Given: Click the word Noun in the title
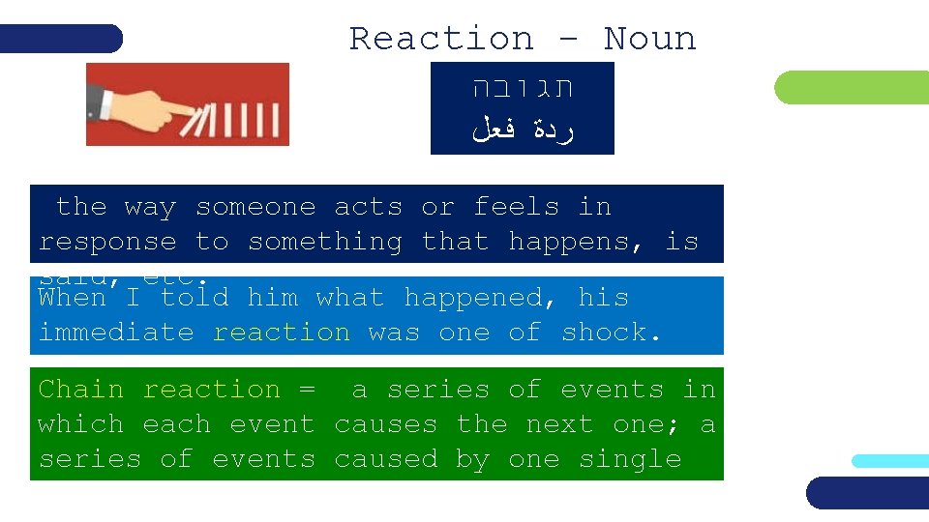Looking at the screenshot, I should pyautogui.click(x=649, y=39).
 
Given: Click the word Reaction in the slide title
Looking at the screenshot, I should pyautogui.click(x=441, y=39).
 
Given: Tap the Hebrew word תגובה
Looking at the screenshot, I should pyautogui.click(x=523, y=89).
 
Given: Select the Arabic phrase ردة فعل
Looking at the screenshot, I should pyautogui.click(x=523, y=130).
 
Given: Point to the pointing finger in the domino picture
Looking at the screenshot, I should pyautogui.click(x=145, y=106).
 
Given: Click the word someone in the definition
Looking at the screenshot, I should pyautogui.click(x=255, y=207).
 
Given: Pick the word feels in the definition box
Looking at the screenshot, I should pyautogui.click(x=517, y=207).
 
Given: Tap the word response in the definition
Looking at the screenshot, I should pyautogui.click(x=107, y=242).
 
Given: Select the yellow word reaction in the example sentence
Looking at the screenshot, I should pyautogui.click(x=282, y=333).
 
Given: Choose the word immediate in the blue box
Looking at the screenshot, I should pyautogui.click(x=116, y=333).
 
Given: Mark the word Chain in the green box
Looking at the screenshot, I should pyautogui.click(x=81, y=390).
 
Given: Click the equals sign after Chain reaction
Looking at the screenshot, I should pyautogui.click(x=307, y=390).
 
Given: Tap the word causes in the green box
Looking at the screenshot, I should pyautogui.click(x=386, y=424).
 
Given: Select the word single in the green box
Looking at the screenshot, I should pyautogui.click(x=630, y=459).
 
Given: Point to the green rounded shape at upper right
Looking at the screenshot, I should pyautogui.click(x=852, y=89).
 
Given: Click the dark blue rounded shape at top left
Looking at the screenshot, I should pyautogui.click(x=61, y=39).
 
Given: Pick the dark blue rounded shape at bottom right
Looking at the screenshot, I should pyautogui.click(x=867, y=492).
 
